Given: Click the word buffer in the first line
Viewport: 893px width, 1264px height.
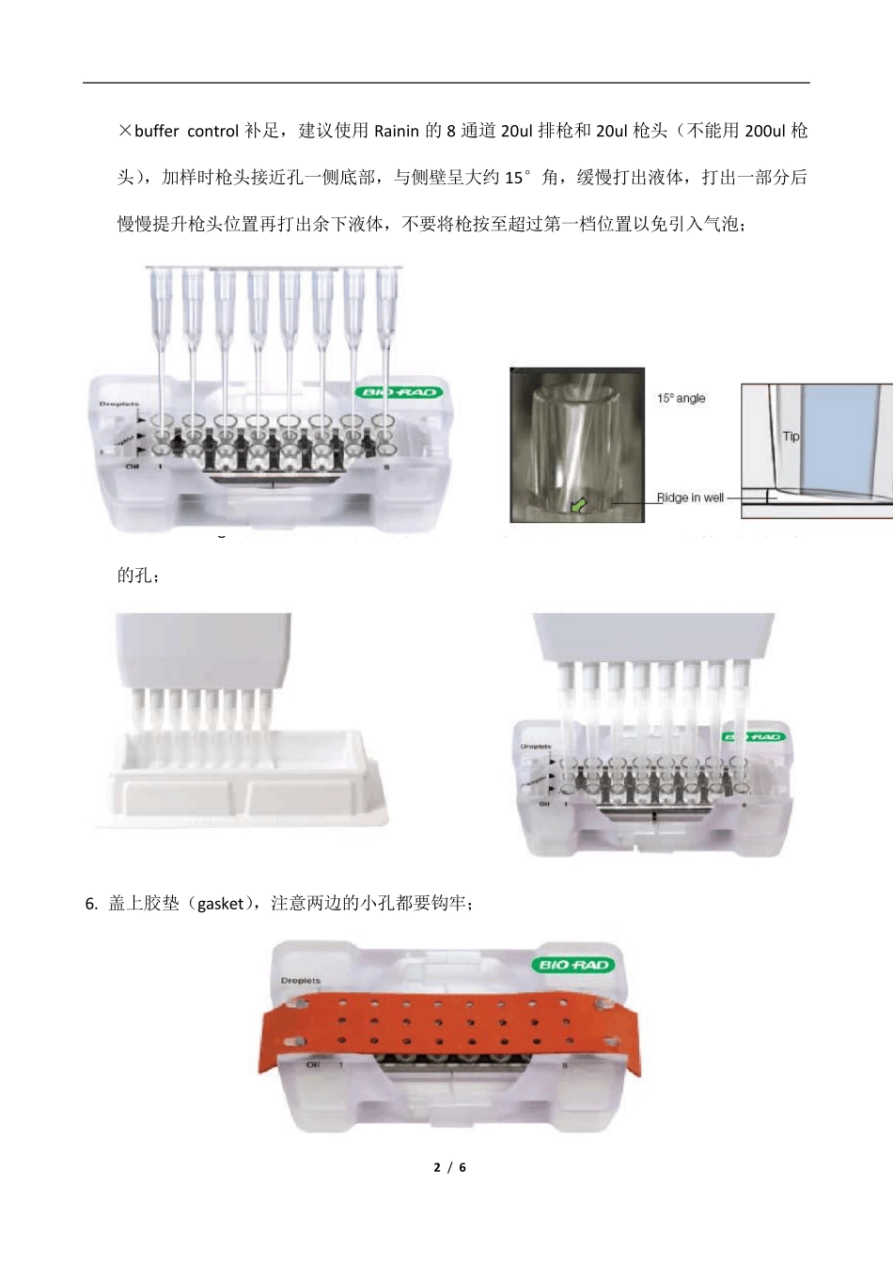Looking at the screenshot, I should coord(156,131).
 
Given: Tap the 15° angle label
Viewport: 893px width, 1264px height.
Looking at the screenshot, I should coord(681,398).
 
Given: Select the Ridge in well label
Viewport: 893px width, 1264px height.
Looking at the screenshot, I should coord(690,498).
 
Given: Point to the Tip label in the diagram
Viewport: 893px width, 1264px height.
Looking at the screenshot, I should coord(791,436).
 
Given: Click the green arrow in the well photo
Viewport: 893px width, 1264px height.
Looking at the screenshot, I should coord(577,505).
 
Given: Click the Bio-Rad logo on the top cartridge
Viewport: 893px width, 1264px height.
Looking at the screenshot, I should coord(399,392).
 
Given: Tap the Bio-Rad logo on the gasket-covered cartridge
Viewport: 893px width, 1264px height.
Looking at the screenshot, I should coord(572,965).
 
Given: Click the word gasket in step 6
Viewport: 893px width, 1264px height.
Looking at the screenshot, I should coord(220,904).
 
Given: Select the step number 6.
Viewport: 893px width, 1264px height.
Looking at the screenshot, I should coord(90,904).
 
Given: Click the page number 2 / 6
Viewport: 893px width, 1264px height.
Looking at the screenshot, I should coord(449,1167).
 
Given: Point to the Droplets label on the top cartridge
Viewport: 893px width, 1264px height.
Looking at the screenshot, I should coord(118,404).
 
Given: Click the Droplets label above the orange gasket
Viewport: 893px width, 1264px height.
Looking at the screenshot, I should coord(300,981).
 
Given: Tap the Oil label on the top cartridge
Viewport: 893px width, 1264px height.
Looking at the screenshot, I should coord(133,466).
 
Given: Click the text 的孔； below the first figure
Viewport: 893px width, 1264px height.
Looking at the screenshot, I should coord(137,576).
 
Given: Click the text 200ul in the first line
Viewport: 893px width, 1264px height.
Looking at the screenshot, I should coord(764,131).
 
